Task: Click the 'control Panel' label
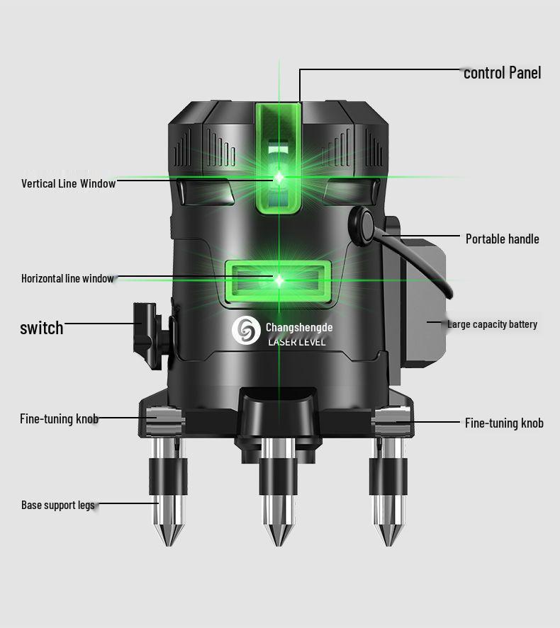(x=503, y=73)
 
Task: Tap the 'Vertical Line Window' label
(x=69, y=183)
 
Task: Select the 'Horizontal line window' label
(x=67, y=278)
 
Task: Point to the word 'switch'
(x=42, y=328)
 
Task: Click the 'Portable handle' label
(x=503, y=239)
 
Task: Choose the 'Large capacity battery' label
(x=492, y=324)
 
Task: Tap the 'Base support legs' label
(x=58, y=505)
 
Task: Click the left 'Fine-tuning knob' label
(x=60, y=419)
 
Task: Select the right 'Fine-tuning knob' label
(x=504, y=423)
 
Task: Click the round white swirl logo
(x=246, y=330)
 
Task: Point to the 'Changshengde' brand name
(x=299, y=328)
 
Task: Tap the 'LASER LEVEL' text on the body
(x=296, y=342)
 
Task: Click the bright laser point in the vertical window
(x=279, y=177)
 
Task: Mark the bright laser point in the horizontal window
(x=279, y=280)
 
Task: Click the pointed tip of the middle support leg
(x=279, y=544)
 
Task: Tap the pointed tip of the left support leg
(x=169, y=544)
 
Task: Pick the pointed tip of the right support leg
(x=388, y=544)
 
